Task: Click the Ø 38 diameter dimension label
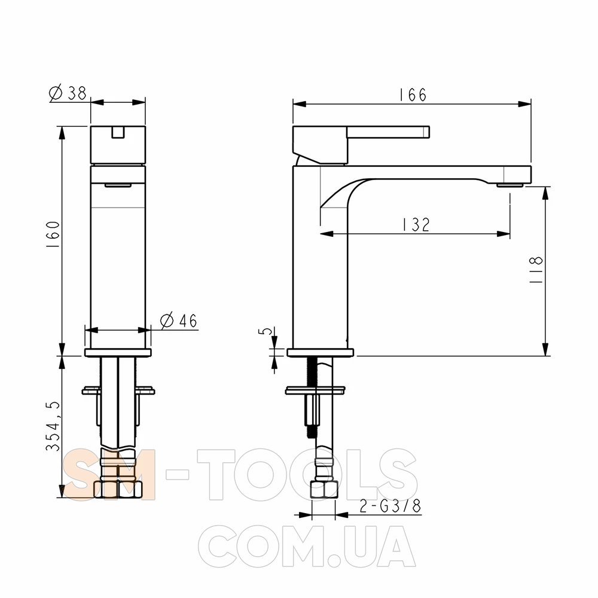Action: click(68, 93)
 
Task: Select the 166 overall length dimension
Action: click(412, 94)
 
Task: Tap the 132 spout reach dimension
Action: click(416, 225)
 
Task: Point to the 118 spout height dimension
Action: click(536, 270)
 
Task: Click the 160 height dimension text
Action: click(53, 235)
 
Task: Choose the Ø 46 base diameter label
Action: click(178, 321)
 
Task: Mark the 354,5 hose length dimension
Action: click(53, 426)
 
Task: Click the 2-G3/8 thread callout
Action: click(390, 506)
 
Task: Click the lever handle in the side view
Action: click(388, 132)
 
